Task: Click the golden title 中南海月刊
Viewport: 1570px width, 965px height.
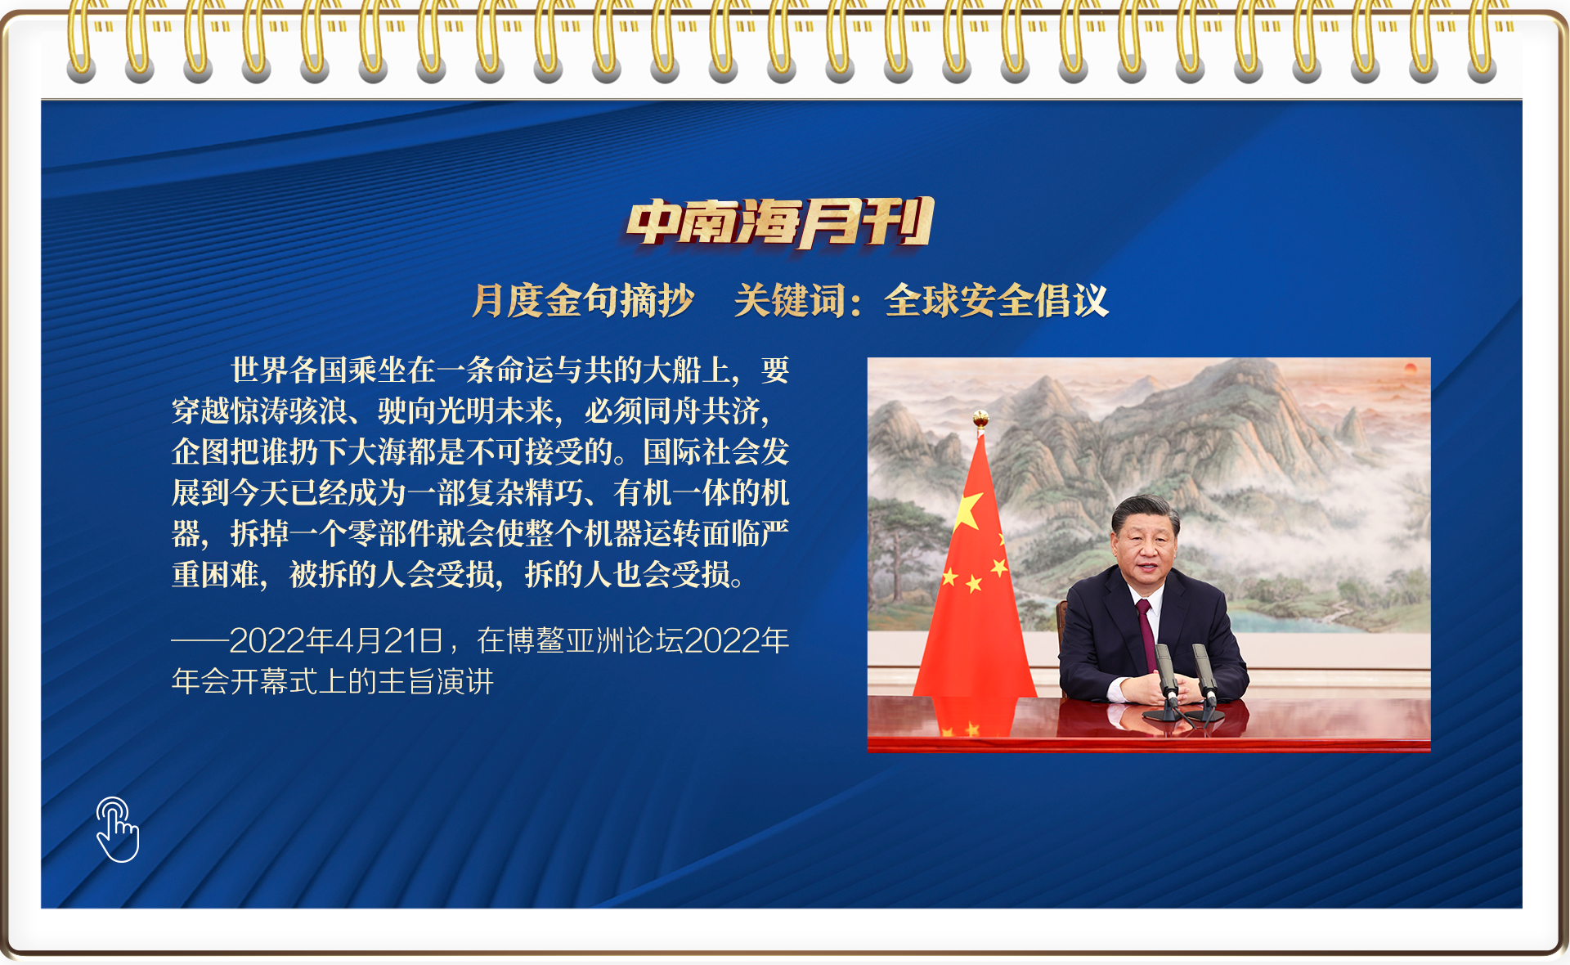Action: click(780, 222)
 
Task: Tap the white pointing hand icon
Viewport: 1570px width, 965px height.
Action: click(118, 829)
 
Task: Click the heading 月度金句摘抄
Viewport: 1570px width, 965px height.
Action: click(583, 300)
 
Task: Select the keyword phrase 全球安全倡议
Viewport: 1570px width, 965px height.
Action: click(996, 300)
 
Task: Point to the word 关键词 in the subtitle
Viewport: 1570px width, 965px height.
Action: click(789, 300)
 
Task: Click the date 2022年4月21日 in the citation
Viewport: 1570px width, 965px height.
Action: click(336, 640)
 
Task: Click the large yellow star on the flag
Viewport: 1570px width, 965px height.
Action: click(968, 510)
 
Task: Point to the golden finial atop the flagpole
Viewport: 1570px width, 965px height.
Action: click(980, 420)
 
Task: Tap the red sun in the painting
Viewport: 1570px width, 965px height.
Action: click(1410, 369)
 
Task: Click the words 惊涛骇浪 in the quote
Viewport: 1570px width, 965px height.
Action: click(289, 411)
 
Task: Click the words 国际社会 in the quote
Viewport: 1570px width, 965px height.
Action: click(702, 451)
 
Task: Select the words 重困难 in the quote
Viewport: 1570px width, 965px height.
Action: click(216, 574)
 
